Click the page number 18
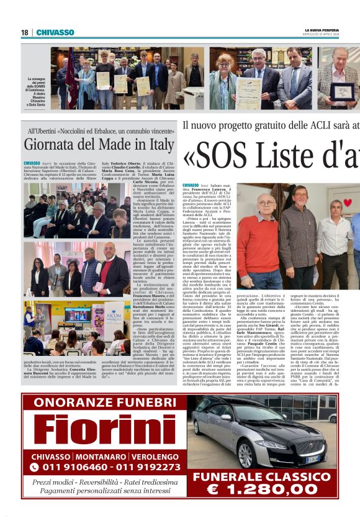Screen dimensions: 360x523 tap(24, 32)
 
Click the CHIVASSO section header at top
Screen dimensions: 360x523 tap(55, 32)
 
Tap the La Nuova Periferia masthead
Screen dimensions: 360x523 tap(322, 30)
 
